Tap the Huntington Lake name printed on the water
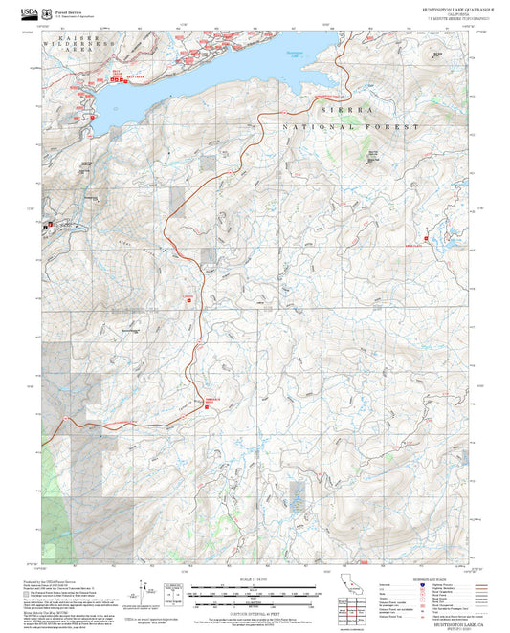[294, 57]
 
